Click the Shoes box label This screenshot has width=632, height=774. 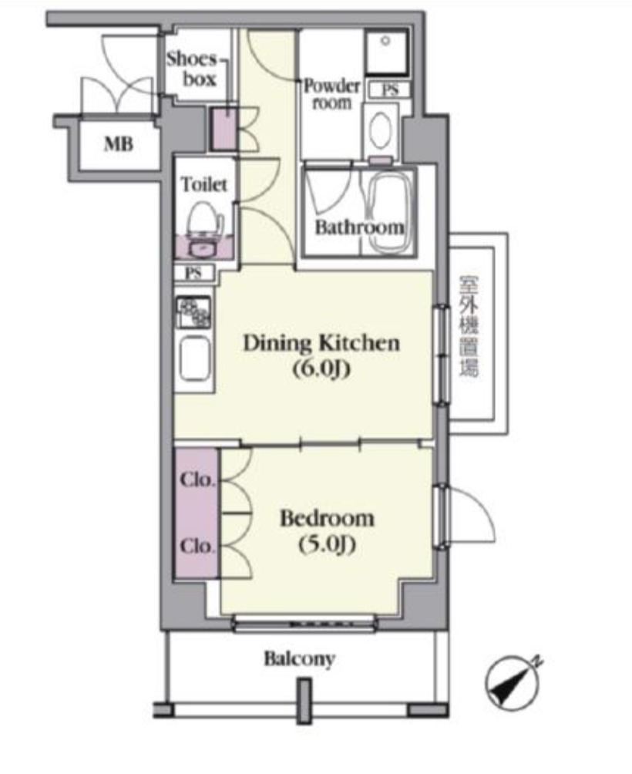pyautogui.click(x=191, y=69)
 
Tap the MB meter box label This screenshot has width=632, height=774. pyautogui.click(x=119, y=144)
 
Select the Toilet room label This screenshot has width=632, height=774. pyautogui.click(x=204, y=184)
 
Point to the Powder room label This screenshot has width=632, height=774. pyautogui.click(x=331, y=94)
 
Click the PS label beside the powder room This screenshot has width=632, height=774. pyautogui.click(x=390, y=90)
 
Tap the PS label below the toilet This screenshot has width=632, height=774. pyautogui.click(x=193, y=273)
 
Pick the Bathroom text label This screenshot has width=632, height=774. pyautogui.click(x=360, y=227)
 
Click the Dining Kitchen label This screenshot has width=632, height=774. pyautogui.click(x=321, y=343)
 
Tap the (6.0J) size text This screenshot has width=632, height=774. pyautogui.click(x=321, y=368)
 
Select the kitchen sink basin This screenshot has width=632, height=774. pyautogui.click(x=195, y=358)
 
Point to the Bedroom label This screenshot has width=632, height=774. pyautogui.click(x=327, y=519)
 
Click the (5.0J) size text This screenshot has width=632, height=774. pyautogui.click(x=327, y=544)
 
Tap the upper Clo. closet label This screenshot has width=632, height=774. pyautogui.click(x=197, y=480)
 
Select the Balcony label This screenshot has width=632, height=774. pyautogui.click(x=300, y=659)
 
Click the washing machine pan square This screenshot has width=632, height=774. pyautogui.click(x=387, y=50)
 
